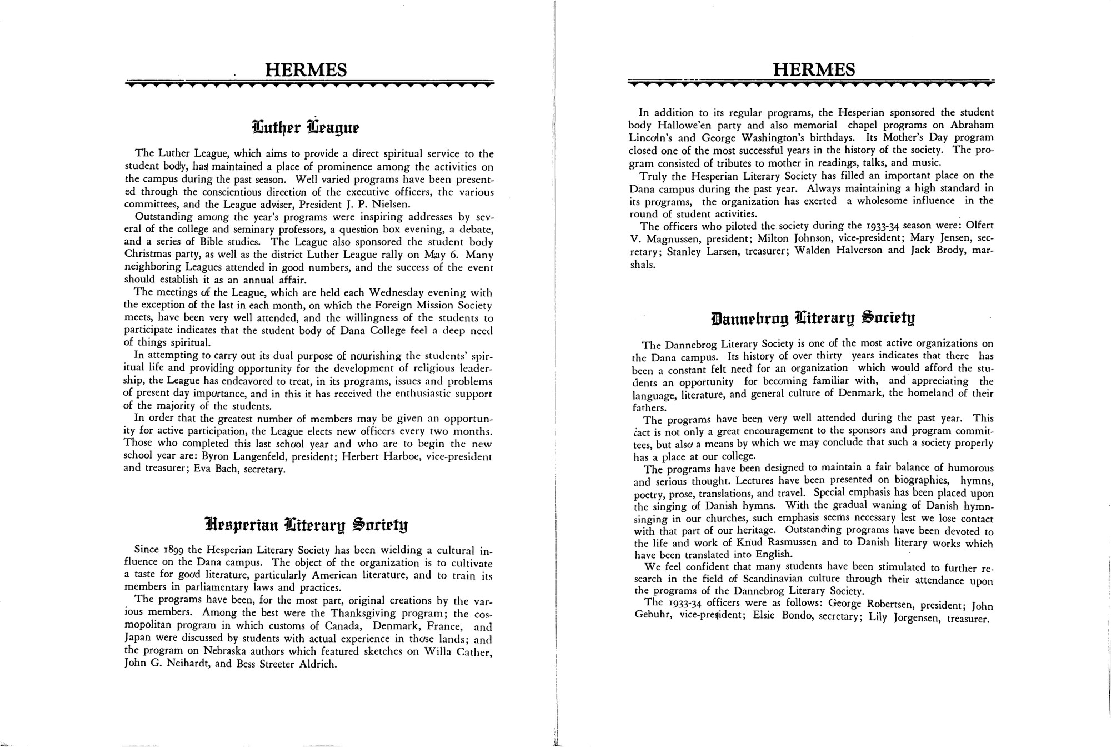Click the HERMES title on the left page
(x=306, y=71)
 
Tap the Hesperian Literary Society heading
(x=306, y=524)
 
